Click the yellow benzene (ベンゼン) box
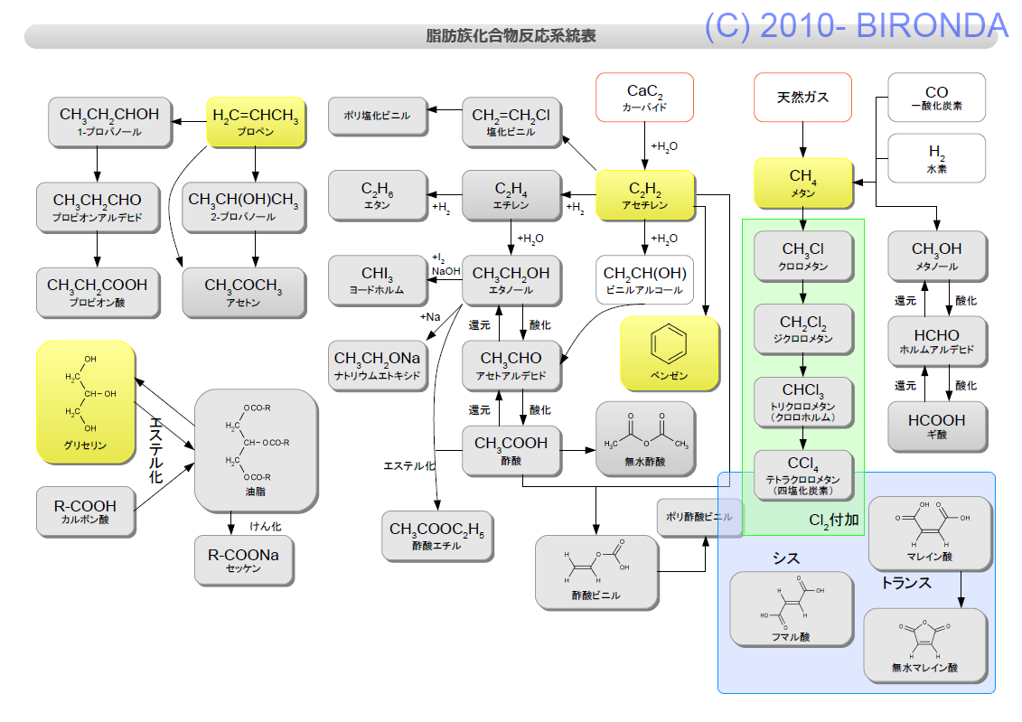(670, 353)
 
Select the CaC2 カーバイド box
(644, 97)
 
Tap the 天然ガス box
(803, 97)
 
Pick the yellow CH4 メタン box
(803, 183)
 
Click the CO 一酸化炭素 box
(937, 97)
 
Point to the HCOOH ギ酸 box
(937, 427)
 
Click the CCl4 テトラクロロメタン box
(803, 475)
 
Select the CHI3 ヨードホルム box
(378, 280)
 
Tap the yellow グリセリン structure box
(85, 402)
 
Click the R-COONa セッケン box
(244, 560)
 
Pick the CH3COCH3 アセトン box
(244, 293)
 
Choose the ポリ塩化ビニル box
(378, 116)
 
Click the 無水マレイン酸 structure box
(925, 645)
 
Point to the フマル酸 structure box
(792, 609)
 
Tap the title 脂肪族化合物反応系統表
(511, 36)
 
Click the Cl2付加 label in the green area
(834, 520)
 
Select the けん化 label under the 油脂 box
(266, 527)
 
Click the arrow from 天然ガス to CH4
(803, 140)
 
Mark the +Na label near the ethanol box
(430, 317)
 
